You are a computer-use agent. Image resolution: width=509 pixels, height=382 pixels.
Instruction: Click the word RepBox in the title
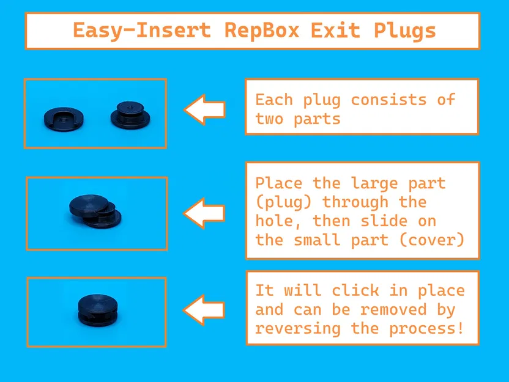pos(262,30)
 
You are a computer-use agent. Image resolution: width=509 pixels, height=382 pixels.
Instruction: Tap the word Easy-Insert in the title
pos(142,30)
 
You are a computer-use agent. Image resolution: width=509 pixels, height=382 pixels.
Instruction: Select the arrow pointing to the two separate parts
pos(205,110)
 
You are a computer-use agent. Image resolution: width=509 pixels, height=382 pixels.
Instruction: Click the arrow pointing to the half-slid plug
pos(205,213)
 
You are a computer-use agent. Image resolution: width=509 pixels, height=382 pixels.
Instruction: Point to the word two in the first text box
pos(270,119)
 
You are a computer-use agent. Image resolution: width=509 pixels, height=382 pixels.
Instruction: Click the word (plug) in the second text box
pos(284,202)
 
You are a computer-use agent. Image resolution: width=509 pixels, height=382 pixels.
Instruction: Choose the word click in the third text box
pos(355,290)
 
